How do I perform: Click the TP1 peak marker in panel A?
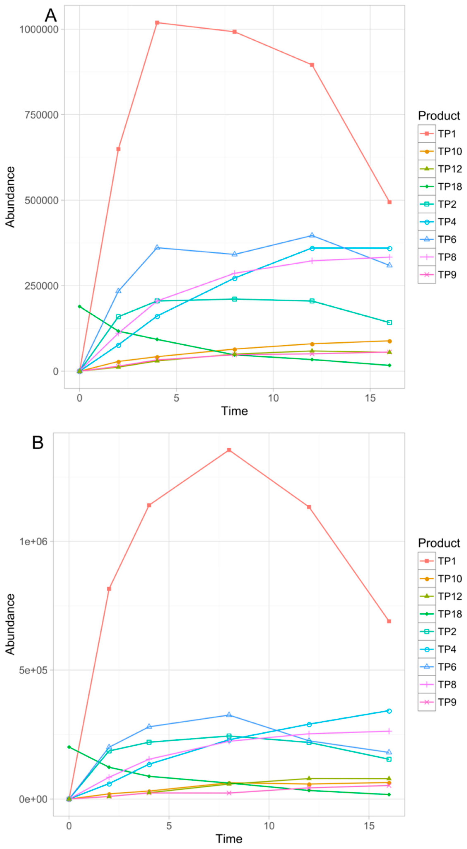coord(157,23)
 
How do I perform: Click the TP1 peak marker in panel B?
coord(229,450)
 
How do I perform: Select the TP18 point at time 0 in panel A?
coord(79,306)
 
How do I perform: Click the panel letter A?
coord(51,16)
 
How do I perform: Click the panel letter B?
coord(38,443)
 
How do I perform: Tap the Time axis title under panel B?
coord(229,838)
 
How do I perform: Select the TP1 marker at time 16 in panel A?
coord(389,202)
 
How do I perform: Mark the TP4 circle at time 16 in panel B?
coord(389,711)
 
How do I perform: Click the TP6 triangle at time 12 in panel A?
coord(312,235)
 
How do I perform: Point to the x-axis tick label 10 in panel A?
coord(273,398)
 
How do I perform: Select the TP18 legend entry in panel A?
coord(440,187)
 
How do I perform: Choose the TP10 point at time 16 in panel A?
coord(389,341)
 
